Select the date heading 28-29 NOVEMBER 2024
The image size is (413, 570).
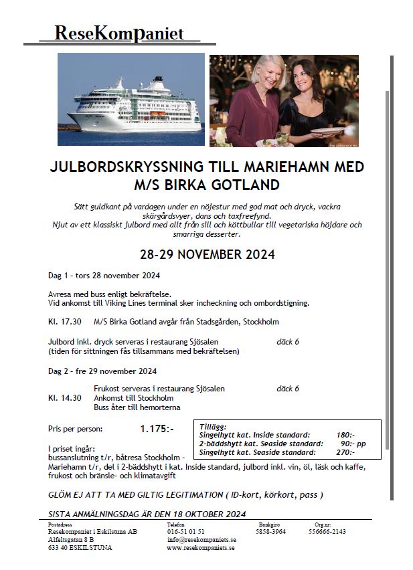(207, 255)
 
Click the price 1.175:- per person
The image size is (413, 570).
(157, 429)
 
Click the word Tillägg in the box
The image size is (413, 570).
(214, 426)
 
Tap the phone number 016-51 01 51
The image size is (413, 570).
(186, 532)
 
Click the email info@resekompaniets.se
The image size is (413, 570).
(201, 539)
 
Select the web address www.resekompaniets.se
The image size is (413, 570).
(201, 547)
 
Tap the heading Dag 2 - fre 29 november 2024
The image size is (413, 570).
(102, 371)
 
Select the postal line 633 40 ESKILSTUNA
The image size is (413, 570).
(80, 547)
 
